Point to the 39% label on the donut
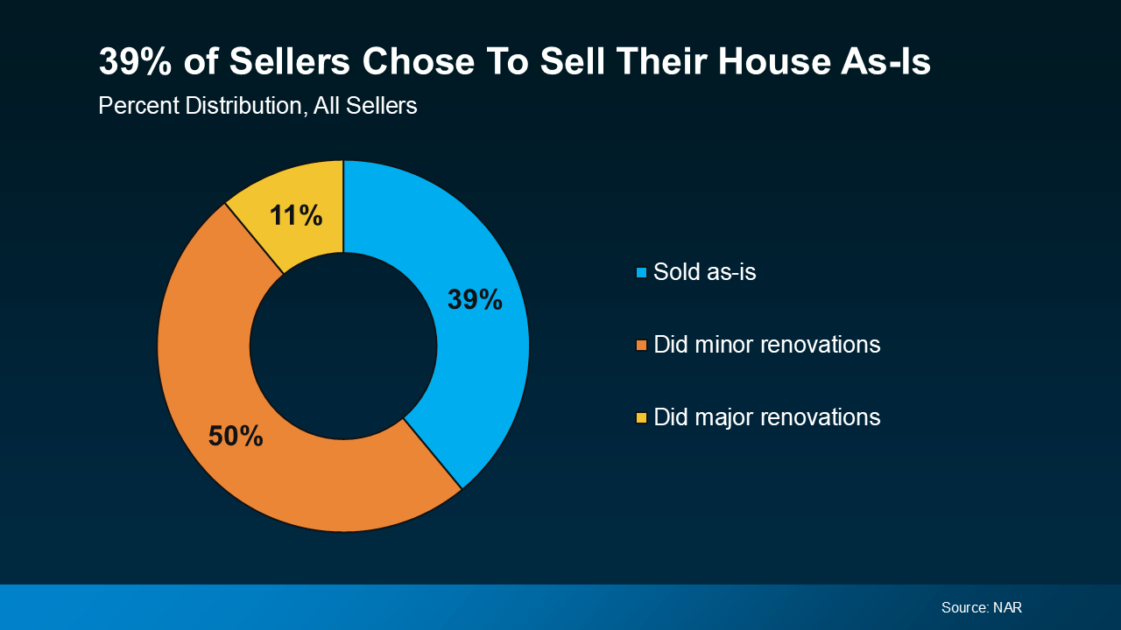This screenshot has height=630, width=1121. (475, 300)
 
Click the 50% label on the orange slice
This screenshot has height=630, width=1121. (236, 436)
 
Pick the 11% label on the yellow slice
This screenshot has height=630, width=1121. (296, 215)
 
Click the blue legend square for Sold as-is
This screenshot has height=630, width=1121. (641, 273)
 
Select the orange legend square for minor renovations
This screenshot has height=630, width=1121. (641, 346)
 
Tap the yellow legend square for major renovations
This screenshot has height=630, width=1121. (641, 418)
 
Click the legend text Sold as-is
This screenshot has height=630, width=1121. (704, 272)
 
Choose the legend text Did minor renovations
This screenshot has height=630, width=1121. (766, 345)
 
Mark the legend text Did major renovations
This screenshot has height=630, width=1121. (766, 417)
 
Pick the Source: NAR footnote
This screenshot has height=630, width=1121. (981, 607)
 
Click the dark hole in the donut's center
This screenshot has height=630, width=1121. (343, 346)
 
